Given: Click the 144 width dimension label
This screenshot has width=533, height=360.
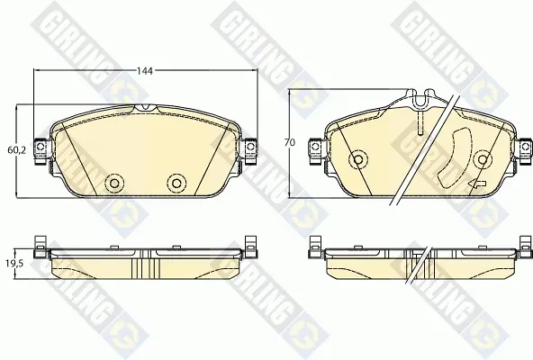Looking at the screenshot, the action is (145, 71).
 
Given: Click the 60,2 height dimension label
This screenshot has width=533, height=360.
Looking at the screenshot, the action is (16, 150).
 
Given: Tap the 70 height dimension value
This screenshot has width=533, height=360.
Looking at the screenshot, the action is (290, 143).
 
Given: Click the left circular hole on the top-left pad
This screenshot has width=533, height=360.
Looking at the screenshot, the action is (114, 184).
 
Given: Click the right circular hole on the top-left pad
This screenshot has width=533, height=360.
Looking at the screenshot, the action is (176, 184).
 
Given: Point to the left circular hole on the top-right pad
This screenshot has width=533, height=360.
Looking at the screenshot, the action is (358, 159).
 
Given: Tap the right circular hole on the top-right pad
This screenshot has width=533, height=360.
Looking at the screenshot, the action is (483, 159).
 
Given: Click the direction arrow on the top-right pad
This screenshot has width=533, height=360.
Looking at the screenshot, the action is (477, 184).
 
